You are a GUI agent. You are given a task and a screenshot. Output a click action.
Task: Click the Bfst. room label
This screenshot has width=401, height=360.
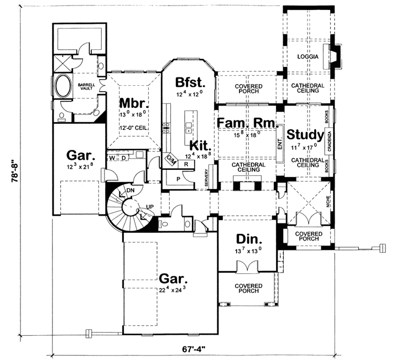(190, 83)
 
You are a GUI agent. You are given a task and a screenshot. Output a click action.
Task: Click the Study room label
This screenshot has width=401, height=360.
(305, 134)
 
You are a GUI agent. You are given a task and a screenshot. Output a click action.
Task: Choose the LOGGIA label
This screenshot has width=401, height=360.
(307, 56)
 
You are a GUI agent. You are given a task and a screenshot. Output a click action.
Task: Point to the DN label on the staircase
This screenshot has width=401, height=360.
(131, 190)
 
